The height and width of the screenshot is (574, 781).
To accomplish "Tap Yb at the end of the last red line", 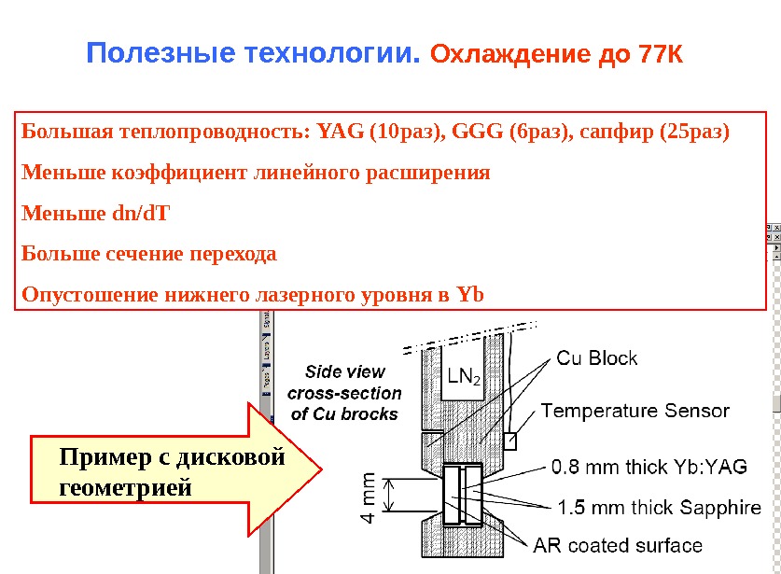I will click(x=471, y=296).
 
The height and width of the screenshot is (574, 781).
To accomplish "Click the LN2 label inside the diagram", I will click(x=463, y=377).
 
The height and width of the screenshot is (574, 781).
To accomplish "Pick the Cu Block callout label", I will click(x=597, y=357).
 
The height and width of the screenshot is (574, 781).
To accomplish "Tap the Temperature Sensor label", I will click(x=635, y=411).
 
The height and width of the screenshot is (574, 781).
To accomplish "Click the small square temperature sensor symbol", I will click(x=509, y=440).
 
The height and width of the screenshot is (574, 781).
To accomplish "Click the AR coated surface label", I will click(x=618, y=545).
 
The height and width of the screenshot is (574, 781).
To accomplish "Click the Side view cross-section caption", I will click(x=344, y=393).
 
